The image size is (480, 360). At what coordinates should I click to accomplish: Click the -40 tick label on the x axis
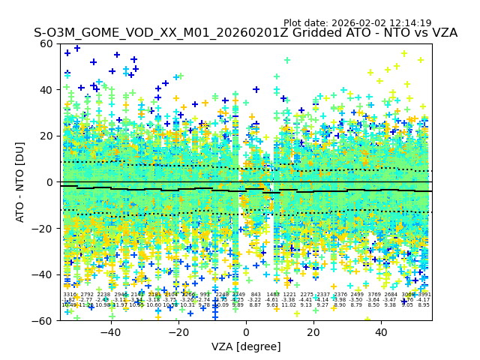pyautogui.click(x=110, y=332)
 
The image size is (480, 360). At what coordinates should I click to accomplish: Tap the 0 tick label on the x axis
pyautogui.click(x=246, y=332)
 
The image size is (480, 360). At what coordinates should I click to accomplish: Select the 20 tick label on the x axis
pyautogui.click(x=313, y=332)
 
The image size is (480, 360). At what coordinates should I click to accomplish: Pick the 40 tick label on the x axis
pyautogui.click(x=381, y=332)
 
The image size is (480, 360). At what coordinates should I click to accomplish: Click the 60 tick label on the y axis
pyautogui.click(x=46, y=43)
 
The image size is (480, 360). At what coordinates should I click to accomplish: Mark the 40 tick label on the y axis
pyautogui.click(x=46, y=90)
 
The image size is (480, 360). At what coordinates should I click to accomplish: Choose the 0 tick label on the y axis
pyautogui.click(x=49, y=182)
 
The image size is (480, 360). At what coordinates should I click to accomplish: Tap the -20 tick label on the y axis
pyautogui.click(x=43, y=228)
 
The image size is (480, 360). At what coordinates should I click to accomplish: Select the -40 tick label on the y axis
pyautogui.click(x=43, y=274)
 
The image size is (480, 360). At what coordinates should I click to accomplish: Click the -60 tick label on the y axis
pyautogui.click(x=43, y=320)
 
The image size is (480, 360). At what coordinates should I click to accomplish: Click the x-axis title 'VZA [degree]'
pyautogui.click(x=246, y=346)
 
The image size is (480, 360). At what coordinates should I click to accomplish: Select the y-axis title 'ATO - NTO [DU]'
pyautogui.click(x=21, y=182)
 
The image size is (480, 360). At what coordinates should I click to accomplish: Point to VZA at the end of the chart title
pyautogui.click(x=442, y=33)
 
